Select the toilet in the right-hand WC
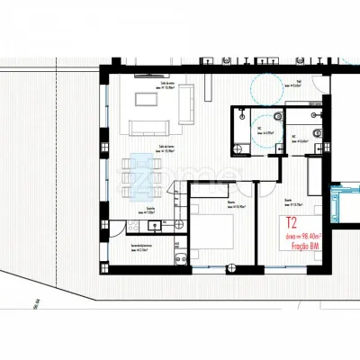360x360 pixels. pos(315,117)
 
